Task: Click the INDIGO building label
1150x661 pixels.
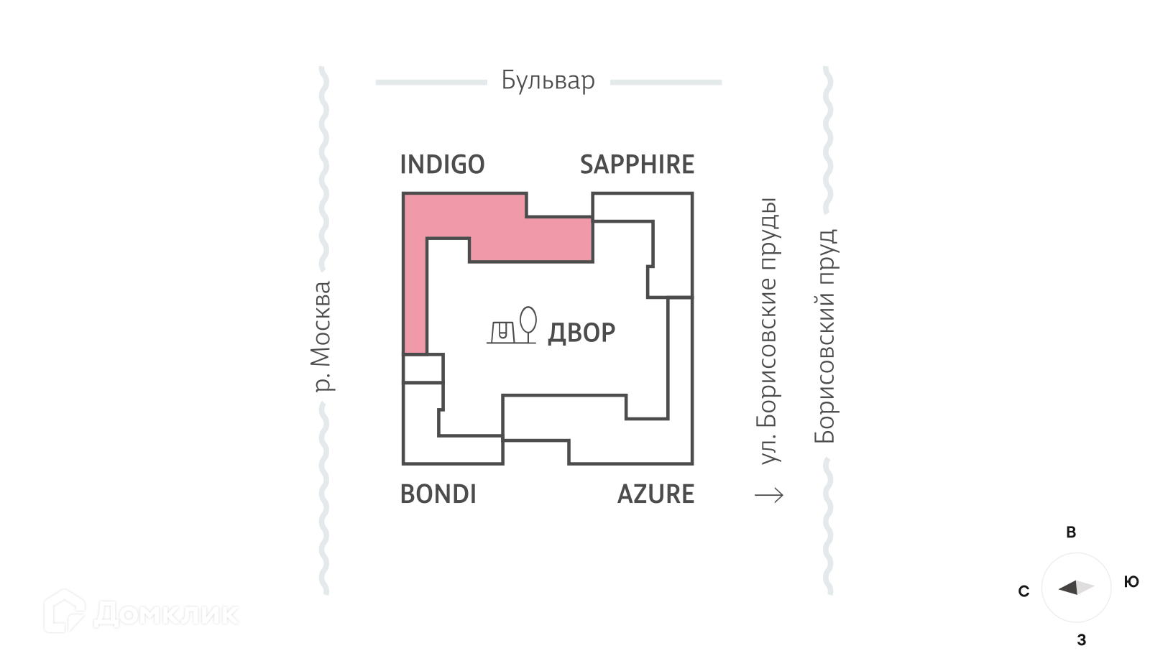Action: (442, 165)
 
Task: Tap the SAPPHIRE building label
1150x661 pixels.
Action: (637, 165)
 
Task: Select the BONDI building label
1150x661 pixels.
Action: (438, 494)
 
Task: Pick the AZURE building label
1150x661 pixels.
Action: (655, 494)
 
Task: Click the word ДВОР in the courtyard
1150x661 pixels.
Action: (581, 333)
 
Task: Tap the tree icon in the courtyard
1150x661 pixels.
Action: (528, 322)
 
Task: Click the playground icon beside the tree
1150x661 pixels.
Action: (502, 332)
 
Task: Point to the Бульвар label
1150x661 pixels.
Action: (548, 80)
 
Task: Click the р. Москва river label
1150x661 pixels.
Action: (321, 336)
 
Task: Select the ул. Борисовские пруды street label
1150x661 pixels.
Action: (768, 330)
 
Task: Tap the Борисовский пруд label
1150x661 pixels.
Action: (825, 336)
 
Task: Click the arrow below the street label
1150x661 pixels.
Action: (768, 495)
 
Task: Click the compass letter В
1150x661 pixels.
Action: (1071, 532)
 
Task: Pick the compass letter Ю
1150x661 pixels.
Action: (1131, 582)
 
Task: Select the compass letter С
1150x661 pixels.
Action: (1023, 591)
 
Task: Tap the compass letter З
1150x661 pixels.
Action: (1081, 640)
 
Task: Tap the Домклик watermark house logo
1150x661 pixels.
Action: (64, 611)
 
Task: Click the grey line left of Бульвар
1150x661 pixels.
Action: (431, 83)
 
